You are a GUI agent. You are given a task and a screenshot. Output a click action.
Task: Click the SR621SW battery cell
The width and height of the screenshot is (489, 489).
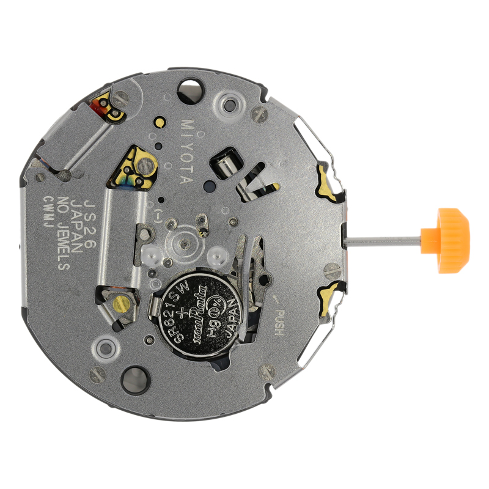pos(197,317)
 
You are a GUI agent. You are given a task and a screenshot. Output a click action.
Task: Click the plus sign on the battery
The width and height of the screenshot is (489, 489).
pos(189,294)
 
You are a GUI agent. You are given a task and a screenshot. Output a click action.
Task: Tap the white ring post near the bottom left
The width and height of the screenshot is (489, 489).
pos(105,349)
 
